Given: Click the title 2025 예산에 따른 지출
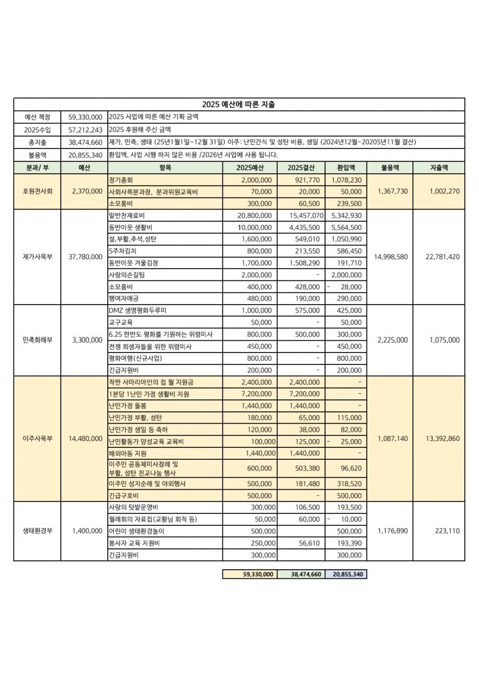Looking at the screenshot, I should (x=239, y=104).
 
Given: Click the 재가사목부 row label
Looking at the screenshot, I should (x=37, y=257).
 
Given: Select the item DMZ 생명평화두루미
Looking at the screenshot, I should (x=137, y=310).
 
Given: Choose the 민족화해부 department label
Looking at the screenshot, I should (x=37, y=340).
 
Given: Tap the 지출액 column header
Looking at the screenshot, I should (x=439, y=168).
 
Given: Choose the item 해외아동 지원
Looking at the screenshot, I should (x=127, y=453).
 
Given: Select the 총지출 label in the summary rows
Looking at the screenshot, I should (x=37, y=142).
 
